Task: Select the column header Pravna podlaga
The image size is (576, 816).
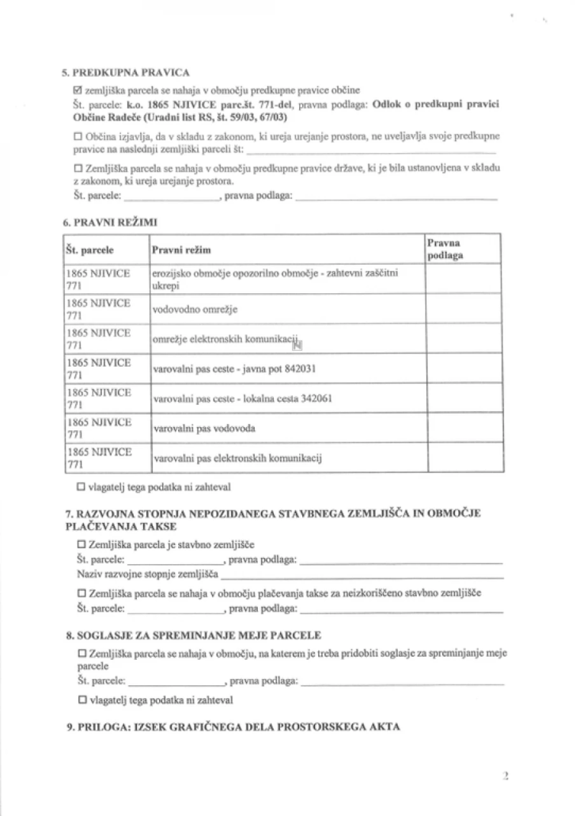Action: click(445, 250)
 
